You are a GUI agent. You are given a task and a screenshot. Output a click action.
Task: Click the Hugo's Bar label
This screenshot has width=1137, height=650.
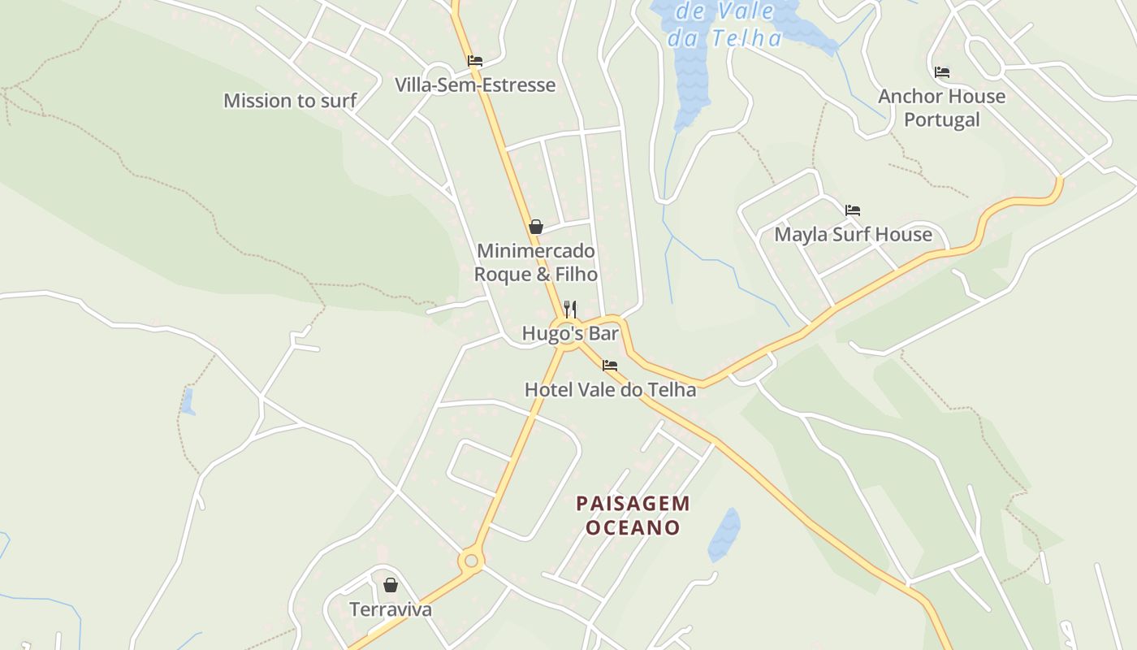[570, 334]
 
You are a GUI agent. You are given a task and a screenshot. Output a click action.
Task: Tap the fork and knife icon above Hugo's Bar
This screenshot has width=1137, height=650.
[570, 309]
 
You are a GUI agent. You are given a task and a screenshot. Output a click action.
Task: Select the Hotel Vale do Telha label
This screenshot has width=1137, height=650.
[610, 390]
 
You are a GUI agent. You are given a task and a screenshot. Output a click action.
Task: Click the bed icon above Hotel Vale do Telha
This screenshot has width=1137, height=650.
[610, 366]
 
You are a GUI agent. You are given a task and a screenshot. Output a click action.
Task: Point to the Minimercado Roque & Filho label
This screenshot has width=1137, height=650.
[536, 262]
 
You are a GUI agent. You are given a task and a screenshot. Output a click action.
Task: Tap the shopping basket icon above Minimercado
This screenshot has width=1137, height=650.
[536, 227]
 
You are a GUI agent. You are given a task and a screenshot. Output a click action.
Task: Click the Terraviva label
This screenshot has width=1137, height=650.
[391, 609]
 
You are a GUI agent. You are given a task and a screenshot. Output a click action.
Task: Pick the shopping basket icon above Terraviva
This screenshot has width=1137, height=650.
[391, 585]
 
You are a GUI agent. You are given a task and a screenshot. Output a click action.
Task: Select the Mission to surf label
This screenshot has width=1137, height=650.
[290, 101]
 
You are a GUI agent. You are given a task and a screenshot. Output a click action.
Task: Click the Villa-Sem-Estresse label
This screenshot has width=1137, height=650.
[475, 85]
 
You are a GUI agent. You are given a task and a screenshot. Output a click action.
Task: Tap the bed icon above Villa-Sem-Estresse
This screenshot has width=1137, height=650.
[475, 61]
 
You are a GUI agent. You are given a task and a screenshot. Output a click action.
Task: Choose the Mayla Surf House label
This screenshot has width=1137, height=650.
[853, 235]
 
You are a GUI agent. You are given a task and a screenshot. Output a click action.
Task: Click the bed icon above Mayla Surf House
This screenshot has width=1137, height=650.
[853, 210]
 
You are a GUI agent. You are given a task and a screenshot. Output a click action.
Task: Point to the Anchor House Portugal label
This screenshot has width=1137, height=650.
[942, 108]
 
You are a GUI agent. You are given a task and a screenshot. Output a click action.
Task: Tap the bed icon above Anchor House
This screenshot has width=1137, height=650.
[942, 72]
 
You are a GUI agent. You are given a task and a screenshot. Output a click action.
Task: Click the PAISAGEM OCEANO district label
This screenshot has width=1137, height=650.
[633, 516]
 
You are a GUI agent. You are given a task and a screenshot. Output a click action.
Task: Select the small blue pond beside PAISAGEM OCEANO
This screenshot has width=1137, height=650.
[724, 535]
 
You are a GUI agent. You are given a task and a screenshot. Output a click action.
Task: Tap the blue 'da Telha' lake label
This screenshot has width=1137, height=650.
[725, 38]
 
